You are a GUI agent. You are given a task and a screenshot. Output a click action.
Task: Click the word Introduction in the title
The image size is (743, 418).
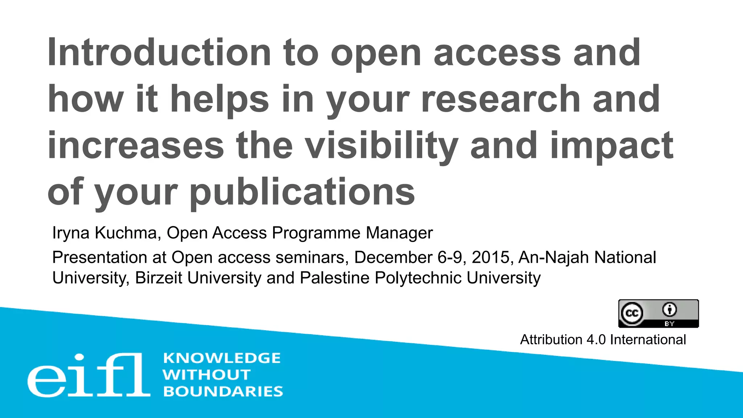[x=159, y=53]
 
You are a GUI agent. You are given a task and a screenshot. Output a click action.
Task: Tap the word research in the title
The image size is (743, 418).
[x=500, y=99]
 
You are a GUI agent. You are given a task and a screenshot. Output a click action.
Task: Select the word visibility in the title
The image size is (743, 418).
[x=381, y=146]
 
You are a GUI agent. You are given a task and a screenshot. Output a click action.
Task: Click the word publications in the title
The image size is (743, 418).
[x=302, y=192]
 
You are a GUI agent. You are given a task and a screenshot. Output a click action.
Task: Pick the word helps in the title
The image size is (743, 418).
[x=219, y=99]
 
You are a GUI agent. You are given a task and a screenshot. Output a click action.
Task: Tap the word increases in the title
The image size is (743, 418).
[x=136, y=146]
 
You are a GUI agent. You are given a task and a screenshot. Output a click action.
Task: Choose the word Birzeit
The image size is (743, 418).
[x=159, y=278]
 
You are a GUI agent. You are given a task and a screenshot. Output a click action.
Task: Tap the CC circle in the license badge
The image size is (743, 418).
[x=632, y=313]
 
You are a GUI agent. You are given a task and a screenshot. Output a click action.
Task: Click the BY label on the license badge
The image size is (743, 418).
[x=669, y=324]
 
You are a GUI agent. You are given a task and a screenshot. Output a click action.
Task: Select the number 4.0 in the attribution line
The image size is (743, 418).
[x=596, y=340]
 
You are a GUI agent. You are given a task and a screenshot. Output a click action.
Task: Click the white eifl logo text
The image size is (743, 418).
[x=89, y=375]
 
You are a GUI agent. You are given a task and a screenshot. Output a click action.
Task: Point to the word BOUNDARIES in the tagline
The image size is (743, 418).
[x=223, y=392]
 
